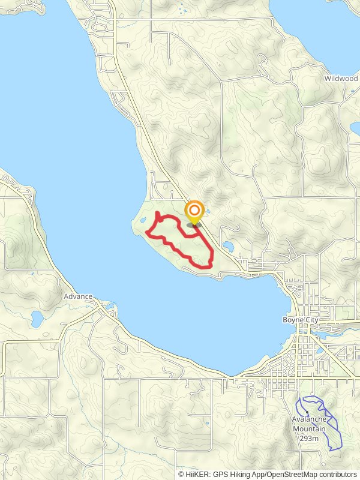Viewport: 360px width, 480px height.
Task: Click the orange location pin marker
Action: [194, 212]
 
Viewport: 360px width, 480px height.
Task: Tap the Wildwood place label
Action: [341, 79]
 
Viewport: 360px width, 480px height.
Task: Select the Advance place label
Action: [78, 296]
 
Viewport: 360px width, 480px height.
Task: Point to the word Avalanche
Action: [310, 419]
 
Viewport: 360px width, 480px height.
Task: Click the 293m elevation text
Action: [310, 438]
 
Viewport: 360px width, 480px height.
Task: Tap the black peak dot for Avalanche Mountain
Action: [306, 412]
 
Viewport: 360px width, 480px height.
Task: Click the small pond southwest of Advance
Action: [37, 319]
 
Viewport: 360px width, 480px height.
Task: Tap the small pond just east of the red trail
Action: [228, 246]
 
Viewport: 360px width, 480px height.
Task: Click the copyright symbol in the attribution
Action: [181, 474]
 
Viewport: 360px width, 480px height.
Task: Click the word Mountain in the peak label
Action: [310, 428]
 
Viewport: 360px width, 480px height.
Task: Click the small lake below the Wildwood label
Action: [355, 127]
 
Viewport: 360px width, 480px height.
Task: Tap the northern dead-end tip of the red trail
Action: [157, 213]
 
